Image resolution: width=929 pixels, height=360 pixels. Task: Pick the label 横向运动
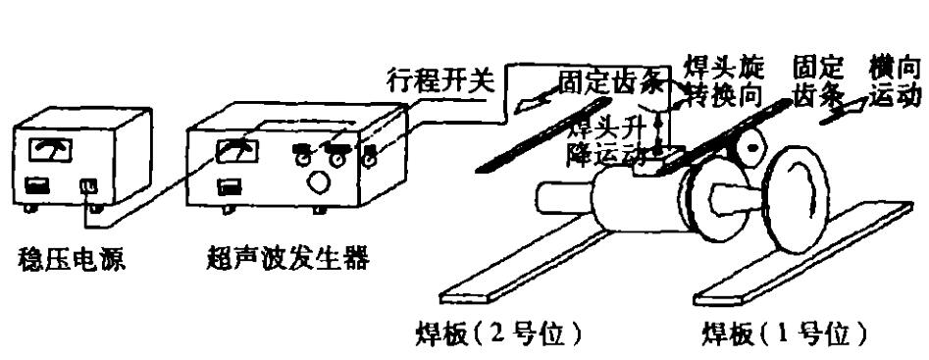pyautogui.click(x=895, y=82)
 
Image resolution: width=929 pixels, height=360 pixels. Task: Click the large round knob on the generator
pyautogui.click(x=318, y=185)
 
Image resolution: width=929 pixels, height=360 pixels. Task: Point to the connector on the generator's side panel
pyautogui.click(x=372, y=155)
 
